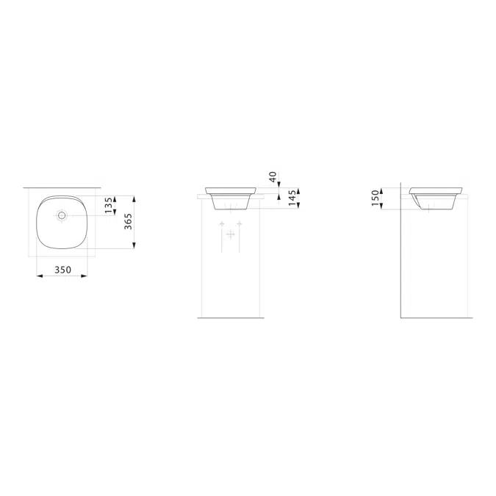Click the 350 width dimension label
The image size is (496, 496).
tap(62, 270)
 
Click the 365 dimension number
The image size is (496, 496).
tap(128, 222)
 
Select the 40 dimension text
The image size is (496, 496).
tap(273, 177)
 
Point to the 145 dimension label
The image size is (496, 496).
tap(292, 198)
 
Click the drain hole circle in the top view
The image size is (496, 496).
tap(62, 215)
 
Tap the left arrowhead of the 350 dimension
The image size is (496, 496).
tap(38, 276)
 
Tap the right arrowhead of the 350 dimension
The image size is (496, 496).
tap(86, 276)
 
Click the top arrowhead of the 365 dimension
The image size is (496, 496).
tap(134, 197)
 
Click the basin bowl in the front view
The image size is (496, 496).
tap(232, 197)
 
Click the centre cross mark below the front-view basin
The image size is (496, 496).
tap(231, 234)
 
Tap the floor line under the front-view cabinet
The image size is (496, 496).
tap(231, 318)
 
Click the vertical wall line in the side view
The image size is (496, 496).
tap(401, 257)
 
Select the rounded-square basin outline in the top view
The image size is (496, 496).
tap(38, 220)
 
